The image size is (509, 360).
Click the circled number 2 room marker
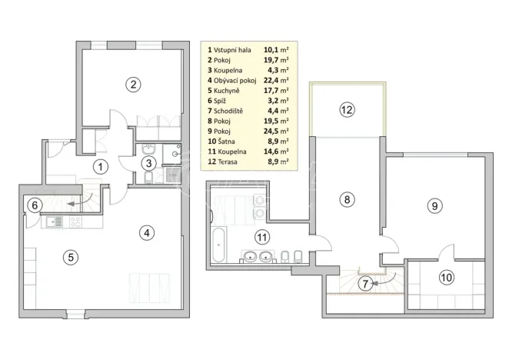tap(133, 85)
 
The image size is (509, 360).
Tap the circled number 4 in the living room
tap(145, 232)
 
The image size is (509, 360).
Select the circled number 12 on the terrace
tap(347, 109)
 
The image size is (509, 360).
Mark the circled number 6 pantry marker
tap(34, 205)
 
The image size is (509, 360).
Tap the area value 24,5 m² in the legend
tap(278, 131)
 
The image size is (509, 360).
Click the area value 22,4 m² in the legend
tap(278, 80)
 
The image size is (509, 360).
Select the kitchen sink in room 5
tap(53, 222)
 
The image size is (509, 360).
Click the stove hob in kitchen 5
tap(75, 222)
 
